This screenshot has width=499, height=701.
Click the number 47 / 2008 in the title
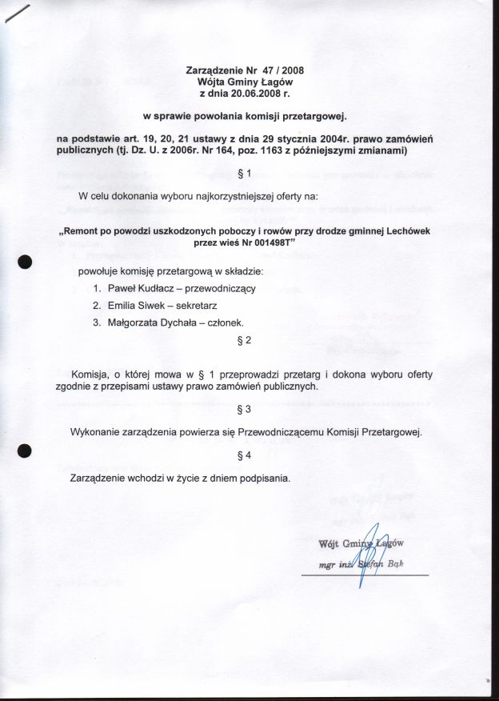tap(282, 70)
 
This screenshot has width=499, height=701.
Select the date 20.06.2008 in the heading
tap(253, 93)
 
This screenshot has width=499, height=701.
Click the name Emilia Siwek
tap(133, 306)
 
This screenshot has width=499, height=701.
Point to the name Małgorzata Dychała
tap(150, 323)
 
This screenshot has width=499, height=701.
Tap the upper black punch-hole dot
tap(26, 262)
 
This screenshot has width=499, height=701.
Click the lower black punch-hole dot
tap(26, 451)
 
